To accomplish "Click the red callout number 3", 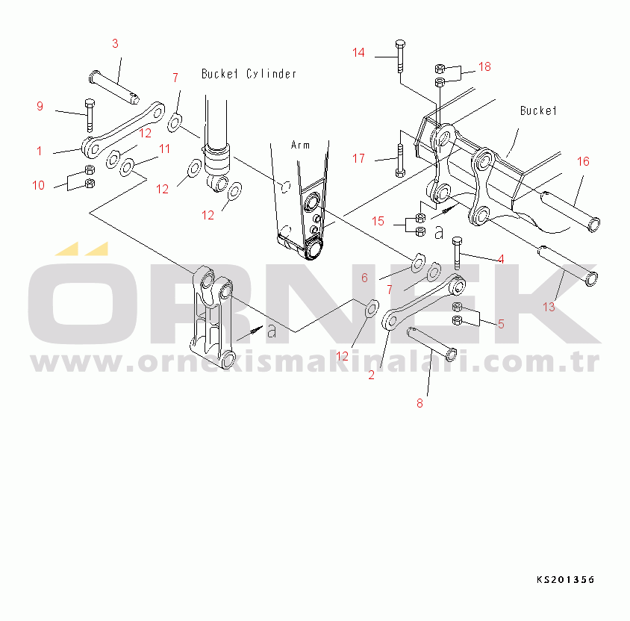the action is [x=115, y=44].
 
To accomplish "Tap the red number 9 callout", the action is [x=40, y=106].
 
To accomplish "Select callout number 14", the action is [x=358, y=52].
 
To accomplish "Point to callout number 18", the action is [x=484, y=66].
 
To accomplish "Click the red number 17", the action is [x=358, y=158].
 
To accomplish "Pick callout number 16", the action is [x=583, y=161].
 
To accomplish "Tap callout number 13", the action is [x=549, y=307].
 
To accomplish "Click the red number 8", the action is [x=420, y=403].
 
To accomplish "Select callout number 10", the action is [x=38, y=185].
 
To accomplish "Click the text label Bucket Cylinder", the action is [x=249, y=74].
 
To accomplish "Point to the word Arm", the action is [x=300, y=145].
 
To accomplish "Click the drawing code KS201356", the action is [x=565, y=580].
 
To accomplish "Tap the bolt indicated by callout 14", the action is [x=400, y=56].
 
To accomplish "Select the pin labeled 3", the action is [x=114, y=87].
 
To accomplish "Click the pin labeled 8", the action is [x=432, y=344].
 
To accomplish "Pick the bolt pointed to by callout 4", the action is [x=457, y=253].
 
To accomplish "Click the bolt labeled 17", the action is [x=400, y=160].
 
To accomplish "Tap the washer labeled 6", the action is [x=418, y=263].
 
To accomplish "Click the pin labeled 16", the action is [x=570, y=212].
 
